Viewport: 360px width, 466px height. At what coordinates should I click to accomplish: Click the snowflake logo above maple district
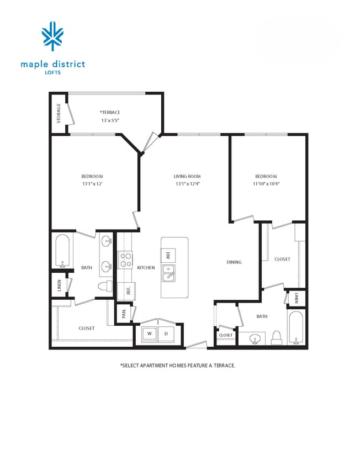(x=52, y=36)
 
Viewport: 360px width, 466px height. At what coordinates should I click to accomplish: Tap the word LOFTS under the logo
(x=52, y=72)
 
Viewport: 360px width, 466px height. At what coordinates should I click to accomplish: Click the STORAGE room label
(x=59, y=114)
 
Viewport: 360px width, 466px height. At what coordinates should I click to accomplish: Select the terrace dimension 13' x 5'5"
(x=109, y=120)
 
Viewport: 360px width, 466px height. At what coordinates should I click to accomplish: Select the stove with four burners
(x=125, y=259)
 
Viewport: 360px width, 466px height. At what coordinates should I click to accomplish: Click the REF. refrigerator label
(x=128, y=290)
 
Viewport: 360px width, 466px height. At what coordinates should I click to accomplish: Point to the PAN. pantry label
(x=125, y=313)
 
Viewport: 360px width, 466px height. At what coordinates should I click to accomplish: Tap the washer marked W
(x=149, y=333)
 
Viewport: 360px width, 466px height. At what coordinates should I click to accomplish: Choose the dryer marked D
(x=166, y=333)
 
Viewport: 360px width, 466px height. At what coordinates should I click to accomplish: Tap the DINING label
(x=234, y=262)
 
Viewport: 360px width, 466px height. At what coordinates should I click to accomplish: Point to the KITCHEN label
(x=146, y=268)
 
